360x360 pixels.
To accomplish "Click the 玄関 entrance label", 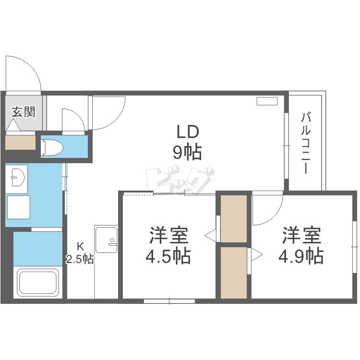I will [x=23, y=112].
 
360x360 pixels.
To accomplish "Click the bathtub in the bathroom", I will [x=38, y=283].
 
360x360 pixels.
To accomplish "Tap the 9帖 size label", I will [x=187, y=153].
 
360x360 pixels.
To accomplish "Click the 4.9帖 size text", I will [x=301, y=256].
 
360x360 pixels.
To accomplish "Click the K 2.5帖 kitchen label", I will [x=80, y=253].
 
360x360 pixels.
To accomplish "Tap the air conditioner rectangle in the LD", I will [x=267, y=101].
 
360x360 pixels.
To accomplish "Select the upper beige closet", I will [x=234, y=218].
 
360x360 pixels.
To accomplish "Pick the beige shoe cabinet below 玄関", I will [x=21, y=142].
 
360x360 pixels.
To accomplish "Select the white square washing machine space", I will [x=19, y=207].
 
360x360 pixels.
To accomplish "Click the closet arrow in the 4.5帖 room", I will [x=210, y=235].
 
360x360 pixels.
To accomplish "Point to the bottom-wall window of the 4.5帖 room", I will [x=169, y=301].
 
